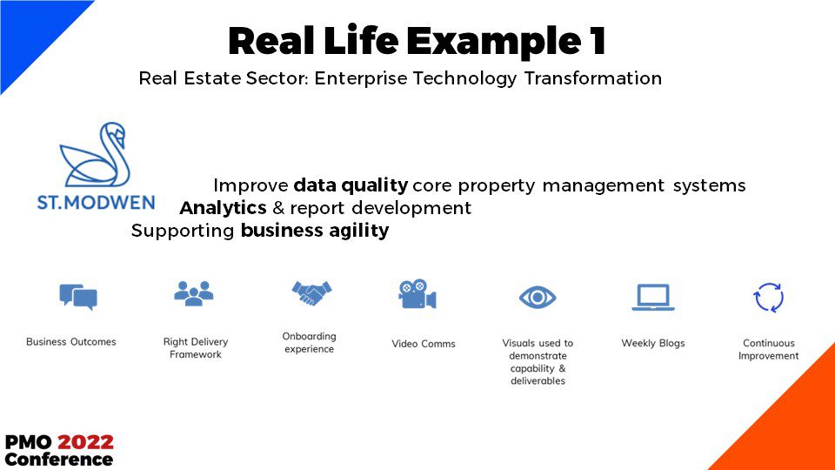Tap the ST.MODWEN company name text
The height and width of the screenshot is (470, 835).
pos(96,203)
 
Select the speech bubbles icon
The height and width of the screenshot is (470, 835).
pos(78,297)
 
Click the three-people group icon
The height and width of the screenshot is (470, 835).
pos(194,293)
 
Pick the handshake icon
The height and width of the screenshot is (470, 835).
pos(311,293)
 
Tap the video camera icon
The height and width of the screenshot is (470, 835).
pos(417,294)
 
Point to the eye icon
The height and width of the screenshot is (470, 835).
pos(538,298)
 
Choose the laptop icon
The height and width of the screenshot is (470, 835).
pos(653,298)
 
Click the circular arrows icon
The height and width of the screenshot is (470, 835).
pos(768,298)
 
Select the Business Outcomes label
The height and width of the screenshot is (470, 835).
pos(70,342)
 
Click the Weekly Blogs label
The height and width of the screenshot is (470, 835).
pos(653,343)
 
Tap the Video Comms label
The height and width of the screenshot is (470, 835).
pos(424,344)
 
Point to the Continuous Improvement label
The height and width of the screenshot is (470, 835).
pos(768,350)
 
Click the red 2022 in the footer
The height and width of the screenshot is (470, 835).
pos(86,442)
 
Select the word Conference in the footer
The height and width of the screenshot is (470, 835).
pos(58,460)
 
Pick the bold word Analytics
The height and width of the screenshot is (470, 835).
pos(224,208)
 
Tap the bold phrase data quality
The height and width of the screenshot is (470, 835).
pos(351,185)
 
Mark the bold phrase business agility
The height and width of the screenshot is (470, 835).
pos(315,231)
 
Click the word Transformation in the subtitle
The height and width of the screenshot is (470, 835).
pos(592,78)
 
